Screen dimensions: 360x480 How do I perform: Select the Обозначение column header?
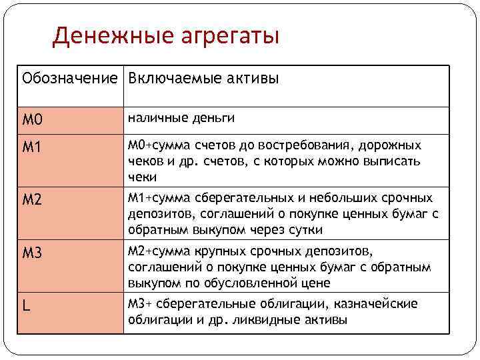(x=70, y=79)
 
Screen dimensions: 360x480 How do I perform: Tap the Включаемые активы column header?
(x=203, y=79)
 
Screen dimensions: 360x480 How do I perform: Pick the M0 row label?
(x=33, y=121)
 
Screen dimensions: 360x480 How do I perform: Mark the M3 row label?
(x=33, y=253)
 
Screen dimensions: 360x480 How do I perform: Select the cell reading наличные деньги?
(x=181, y=118)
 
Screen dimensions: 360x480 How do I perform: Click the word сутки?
(x=304, y=231)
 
